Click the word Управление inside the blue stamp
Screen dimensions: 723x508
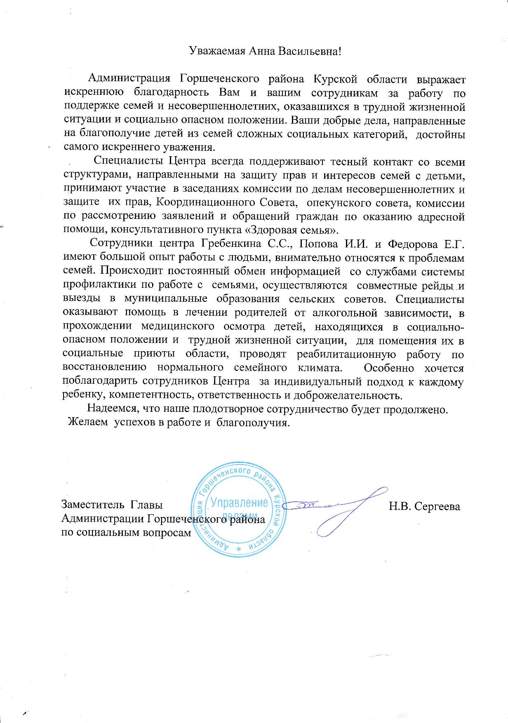[x=239, y=503]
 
